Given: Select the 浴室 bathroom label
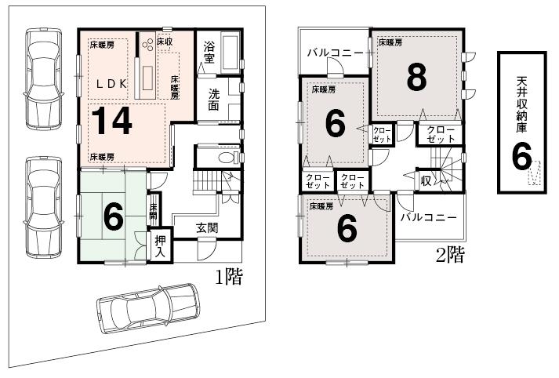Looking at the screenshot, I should click(209, 52).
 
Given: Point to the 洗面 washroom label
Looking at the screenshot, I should click(214, 100).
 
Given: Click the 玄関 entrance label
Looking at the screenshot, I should click(207, 228).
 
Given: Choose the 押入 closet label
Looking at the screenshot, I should click(161, 245).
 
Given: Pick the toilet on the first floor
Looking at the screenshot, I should click(227, 157).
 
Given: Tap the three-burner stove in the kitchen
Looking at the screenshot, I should click(147, 44).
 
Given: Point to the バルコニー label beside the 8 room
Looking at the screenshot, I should click(335, 53).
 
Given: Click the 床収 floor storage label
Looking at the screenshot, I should click(165, 41).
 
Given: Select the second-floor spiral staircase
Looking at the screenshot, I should click(449, 169).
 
